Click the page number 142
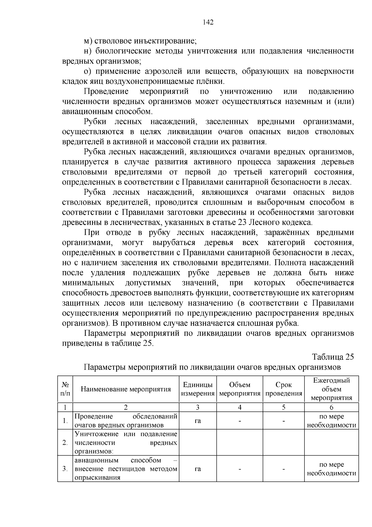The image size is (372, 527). click(x=208, y=22)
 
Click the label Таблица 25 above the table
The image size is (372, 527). click(x=333, y=357)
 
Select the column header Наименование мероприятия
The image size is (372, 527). click(x=126, y=389)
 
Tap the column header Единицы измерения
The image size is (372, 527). click(x=198, y=389)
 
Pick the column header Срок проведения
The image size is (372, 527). click(x=284, y=389)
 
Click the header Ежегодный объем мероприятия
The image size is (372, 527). click(x=331, y=389)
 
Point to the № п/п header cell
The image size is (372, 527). click(x=65, y=389)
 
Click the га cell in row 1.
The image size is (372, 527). click(x=198, y=421)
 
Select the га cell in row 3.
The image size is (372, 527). click(x=198, y=469)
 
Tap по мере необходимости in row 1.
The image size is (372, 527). click(x=331, y=421)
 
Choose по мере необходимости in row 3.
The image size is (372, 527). click(x=331, y=469)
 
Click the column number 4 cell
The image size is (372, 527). click(x=240, y=407)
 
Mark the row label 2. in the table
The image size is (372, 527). click(x=65, y=443)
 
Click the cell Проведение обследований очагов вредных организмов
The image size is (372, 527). click(x=126, y=421)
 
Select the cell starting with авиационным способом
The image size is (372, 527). click(x=126, y=469)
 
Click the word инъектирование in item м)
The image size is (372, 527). click(x=165, y=41)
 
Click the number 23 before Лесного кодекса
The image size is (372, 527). click(x=242, y=222)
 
